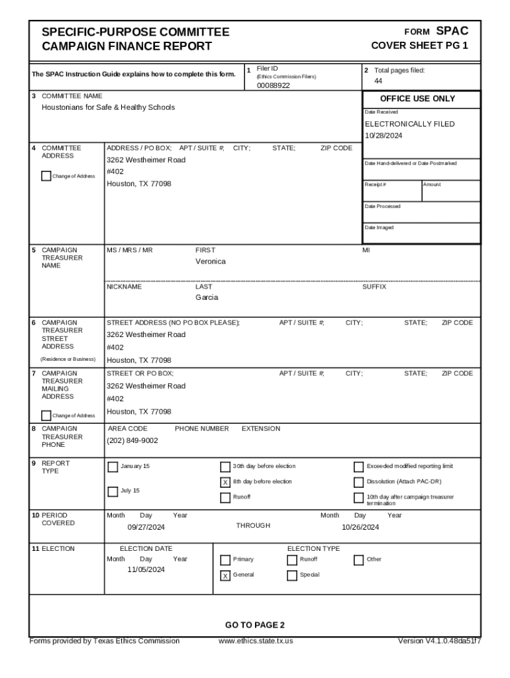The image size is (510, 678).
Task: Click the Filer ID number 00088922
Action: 273,85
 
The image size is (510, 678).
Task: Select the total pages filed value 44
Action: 378,81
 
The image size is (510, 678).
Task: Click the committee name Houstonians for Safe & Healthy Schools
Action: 108,107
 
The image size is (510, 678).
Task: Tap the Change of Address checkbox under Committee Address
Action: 46,176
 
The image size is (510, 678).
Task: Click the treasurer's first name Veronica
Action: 210,262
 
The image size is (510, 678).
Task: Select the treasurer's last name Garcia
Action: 206,298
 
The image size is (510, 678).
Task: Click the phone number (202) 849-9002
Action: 132,441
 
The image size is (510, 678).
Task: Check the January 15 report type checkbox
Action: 113,467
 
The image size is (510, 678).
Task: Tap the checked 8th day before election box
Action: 225,482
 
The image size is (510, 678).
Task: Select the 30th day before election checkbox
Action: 225,467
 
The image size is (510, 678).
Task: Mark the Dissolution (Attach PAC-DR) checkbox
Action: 359,482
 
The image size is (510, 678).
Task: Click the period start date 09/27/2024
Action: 146,528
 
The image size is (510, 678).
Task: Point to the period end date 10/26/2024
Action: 360,528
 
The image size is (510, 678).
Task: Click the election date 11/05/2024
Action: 146,570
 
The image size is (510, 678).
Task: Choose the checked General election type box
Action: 225,575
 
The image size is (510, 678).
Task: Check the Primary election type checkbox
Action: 225,560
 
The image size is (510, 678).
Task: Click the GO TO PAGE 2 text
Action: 254,625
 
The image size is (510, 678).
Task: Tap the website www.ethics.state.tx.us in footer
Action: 256,641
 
